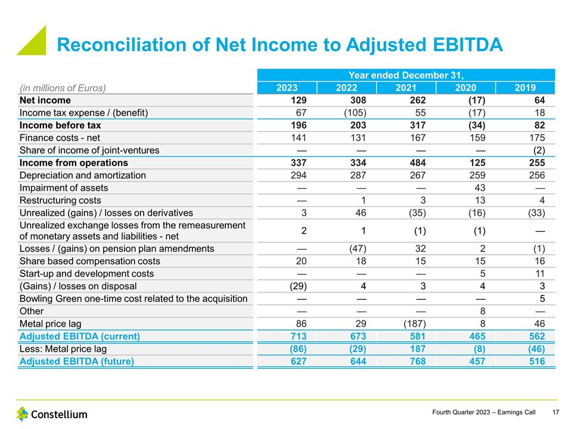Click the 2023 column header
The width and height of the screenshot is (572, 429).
pyautogui.click(x=287, y=88)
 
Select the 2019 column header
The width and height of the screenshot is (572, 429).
pyautogui.click(x=526, y=88)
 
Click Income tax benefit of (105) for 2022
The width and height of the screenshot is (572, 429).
pyautogui.click(x=354, y=113)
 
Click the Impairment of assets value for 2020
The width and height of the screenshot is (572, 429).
pyautogui.click(x=479, y=188)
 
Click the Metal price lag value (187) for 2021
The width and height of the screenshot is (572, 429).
pyautogui.click(x=414, y=324)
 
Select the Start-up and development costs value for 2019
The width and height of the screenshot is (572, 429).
pyautogui.click(x=539, y=273)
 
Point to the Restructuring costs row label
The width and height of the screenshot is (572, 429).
pyautogui.click(x=60, y=200)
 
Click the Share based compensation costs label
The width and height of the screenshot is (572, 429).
pyautogui.click(x=89, y=261)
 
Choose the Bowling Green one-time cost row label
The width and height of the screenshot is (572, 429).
pyautogui.click(x=133, y=299)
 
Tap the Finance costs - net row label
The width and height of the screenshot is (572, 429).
pyautogui.click(x=60, y=138)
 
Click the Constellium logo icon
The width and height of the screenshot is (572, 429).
pyautogui.click(x=23, y=414)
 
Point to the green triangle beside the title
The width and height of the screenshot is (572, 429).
pyautogui.click(x=35, y=43)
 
